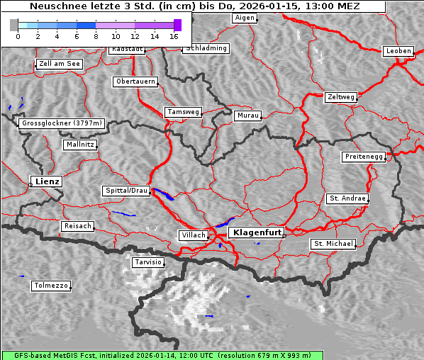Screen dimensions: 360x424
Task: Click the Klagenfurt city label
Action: click(257, 232)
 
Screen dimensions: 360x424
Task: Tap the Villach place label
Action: click(193, 235)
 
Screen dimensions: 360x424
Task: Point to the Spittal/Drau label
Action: click(126, 191)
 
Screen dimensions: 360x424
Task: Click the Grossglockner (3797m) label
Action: click(62, 123)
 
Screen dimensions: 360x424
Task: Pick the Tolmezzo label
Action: click(51, 286)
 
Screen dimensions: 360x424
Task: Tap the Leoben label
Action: click(398, 51)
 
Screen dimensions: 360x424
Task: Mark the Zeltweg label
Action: click(340, 97)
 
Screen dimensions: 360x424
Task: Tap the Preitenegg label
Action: click(364, 157)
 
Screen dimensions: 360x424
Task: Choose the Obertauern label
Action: click(135, 81)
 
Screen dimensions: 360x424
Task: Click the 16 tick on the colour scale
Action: click(174, 35)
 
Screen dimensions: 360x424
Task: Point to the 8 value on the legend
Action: click(95, 35)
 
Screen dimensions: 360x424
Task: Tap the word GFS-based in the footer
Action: click(27, 355)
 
